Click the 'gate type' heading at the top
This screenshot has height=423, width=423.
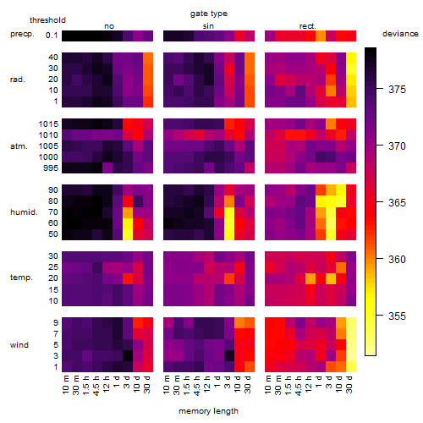[209, 14]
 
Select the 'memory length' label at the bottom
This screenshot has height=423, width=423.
[208, 411]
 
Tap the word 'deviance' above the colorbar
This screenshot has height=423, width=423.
[400, 34]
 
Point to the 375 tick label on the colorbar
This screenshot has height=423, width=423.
[397, 90]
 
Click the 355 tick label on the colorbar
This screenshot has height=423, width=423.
[397, 316]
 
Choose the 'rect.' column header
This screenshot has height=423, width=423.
[307, 26]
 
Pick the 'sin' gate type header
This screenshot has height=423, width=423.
[208, 26]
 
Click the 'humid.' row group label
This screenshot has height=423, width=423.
[24, 212]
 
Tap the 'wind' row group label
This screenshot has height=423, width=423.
[19, 345]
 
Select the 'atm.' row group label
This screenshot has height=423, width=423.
[19, 146]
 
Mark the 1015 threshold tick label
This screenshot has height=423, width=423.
[48, 124]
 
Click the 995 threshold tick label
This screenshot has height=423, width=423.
[51, 168]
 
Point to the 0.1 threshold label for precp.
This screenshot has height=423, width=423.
[52, 36]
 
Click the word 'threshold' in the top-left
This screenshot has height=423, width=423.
[47, 20]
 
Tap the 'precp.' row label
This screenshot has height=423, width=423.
[22, 34]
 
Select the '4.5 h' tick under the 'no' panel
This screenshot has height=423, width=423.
[96, 386]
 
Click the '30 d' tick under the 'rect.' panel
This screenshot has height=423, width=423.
[350, 384]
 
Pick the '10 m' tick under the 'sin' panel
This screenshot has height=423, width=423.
[168, 385]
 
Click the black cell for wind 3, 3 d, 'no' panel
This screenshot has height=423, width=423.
[128, 356]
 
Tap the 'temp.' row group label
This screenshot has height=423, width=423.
[21, 277]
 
